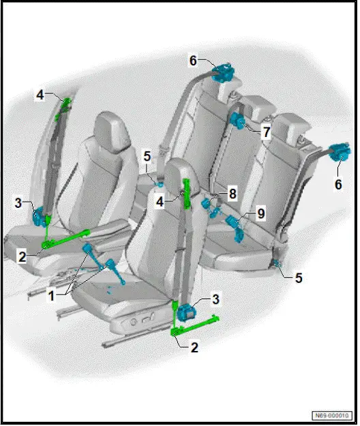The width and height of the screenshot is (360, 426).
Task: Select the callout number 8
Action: click(232, 194)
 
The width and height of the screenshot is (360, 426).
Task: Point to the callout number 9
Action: click(260, 214)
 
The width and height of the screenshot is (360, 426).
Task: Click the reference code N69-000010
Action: click(331, 415)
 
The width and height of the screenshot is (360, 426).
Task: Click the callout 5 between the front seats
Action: click(147, 155)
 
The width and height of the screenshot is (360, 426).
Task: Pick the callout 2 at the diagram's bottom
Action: click(194, 347)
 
